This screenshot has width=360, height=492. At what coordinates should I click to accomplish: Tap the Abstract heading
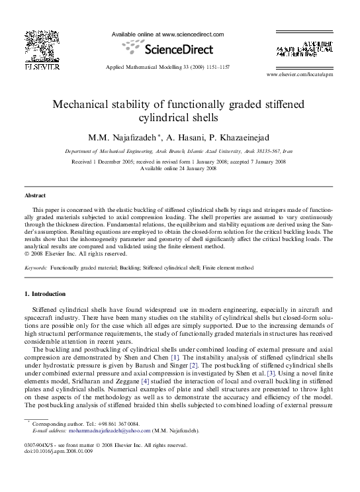point(34,196)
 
